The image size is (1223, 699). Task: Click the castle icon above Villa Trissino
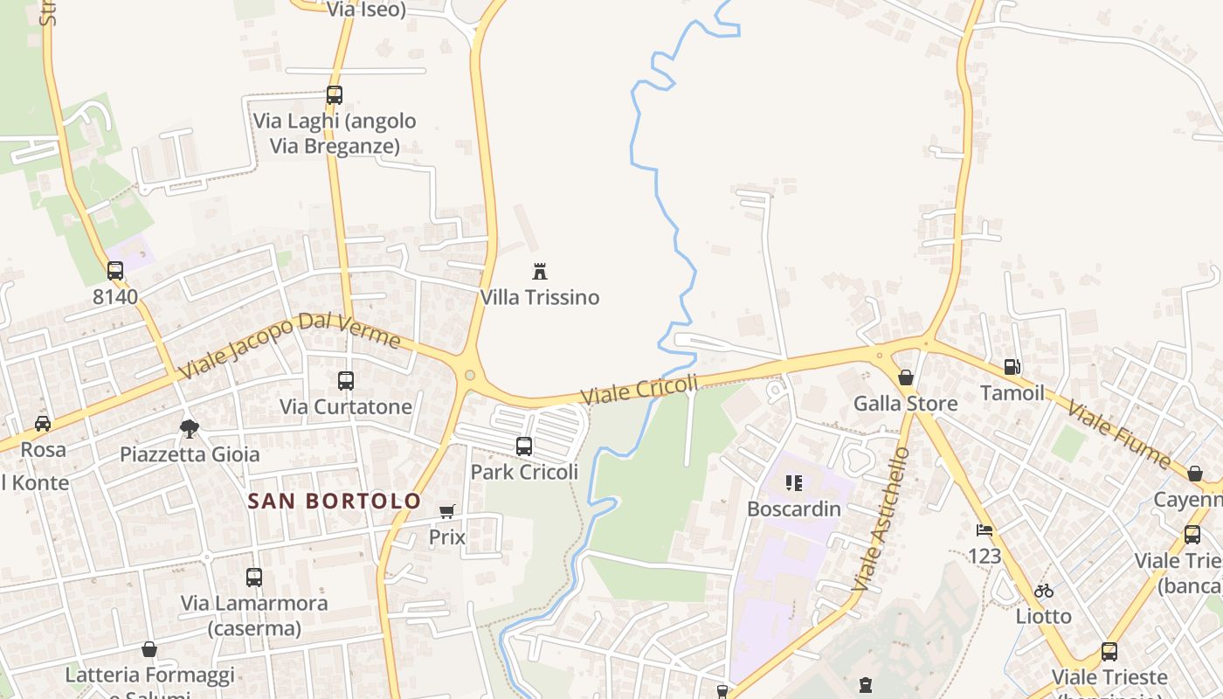540,271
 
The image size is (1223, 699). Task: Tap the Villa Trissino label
540,297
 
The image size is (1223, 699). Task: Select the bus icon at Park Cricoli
524,446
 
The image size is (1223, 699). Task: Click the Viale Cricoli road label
640,390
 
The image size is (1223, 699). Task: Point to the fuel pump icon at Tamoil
1012,368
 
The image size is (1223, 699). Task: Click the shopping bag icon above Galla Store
906,377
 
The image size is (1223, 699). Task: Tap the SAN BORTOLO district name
335,502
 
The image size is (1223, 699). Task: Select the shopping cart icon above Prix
447,511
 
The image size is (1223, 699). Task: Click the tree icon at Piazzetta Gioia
189,428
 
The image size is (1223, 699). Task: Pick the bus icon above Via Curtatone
346,381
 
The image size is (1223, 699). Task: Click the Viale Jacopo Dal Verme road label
289,344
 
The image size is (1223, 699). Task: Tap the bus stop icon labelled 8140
115,271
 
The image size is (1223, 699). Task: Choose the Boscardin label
794,509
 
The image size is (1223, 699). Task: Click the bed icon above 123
985,529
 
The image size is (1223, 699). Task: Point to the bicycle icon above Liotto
1043,591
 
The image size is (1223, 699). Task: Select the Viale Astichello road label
881,518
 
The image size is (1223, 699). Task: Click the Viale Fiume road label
1118,434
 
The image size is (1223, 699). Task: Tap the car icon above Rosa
42,424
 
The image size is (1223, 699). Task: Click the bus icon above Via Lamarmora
254,578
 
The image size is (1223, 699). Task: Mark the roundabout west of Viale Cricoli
470,376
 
